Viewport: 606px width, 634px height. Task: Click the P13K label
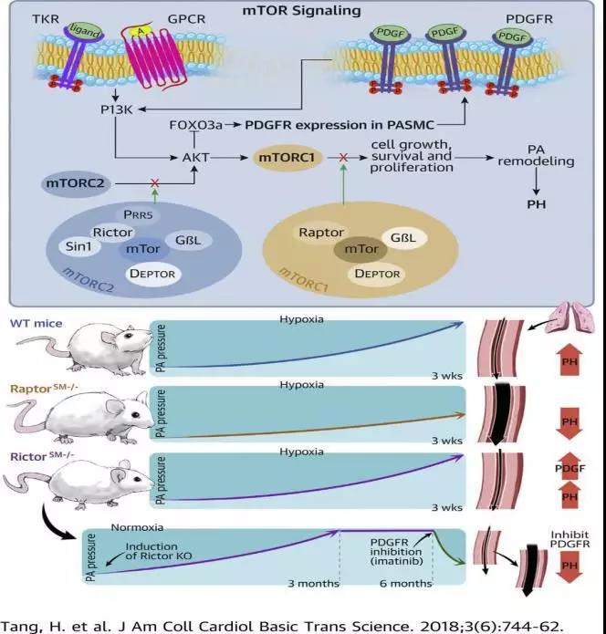coord(117,109)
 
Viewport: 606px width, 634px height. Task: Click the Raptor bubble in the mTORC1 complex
coord(320,233)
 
